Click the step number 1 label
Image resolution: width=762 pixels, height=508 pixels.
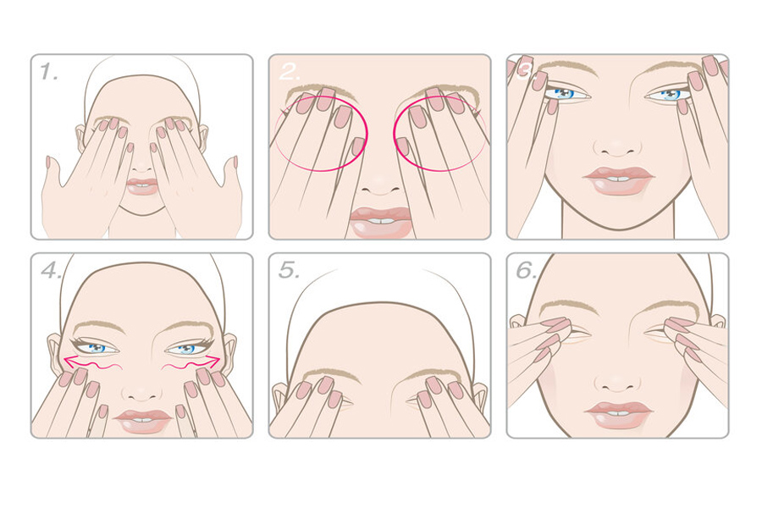coord(48,72)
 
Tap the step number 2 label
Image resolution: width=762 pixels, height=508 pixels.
coord(290,72)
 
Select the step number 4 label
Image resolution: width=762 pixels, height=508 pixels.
coord(51,270)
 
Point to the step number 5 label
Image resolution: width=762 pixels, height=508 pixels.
coord(289,270)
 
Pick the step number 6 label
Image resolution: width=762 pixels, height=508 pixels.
coord(527,270)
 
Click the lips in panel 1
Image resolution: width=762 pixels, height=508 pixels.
coord(142,186)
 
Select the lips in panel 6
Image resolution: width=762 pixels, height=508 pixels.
coord(618,415)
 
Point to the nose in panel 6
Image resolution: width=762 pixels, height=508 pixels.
coord(617,383)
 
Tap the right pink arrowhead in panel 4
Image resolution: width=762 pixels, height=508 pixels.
coord(214,361)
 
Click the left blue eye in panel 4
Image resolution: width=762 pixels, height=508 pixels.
coord(97,348)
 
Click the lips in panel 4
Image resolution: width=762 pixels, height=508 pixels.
coord(142,421)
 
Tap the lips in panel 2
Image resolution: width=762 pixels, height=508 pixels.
coord(380,222)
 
